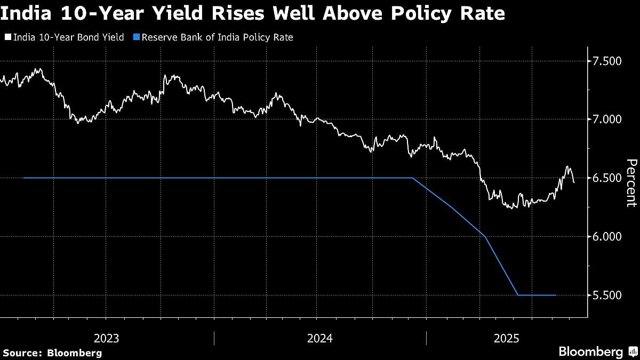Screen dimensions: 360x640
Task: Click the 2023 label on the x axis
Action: click(x=107, y=338)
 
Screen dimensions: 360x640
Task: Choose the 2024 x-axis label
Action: click(x=319, y=338)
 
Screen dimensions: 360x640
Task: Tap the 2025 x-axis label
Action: click(x=507, y=338)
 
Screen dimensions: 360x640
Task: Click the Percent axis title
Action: click(x=631, y=183)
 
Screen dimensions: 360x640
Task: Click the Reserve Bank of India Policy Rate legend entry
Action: click(x=221, y=37)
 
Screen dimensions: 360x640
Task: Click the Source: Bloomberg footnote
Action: click(x=52, y=353)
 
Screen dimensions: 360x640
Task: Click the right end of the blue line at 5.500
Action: click(x=556, y=295)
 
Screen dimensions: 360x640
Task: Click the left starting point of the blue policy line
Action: click(x=24, y=178)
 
